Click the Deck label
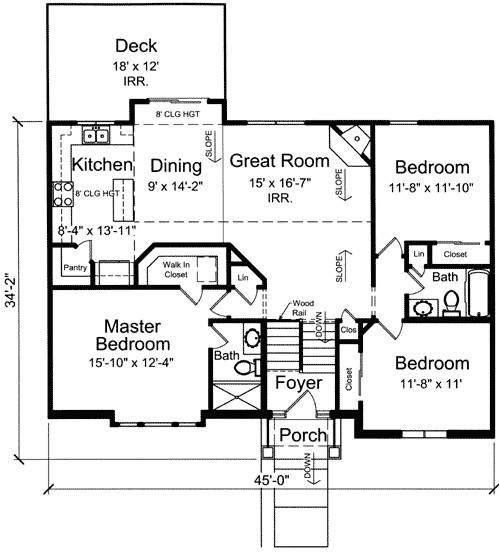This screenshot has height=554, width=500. coord(136,46)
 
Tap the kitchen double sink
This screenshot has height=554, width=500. coord(95,135)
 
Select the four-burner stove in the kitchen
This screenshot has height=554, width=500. coord(63,194)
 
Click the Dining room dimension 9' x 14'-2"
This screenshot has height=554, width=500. coord(175,186)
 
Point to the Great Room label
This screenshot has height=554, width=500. coord(280,161)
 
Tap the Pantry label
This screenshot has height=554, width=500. coord(75,267)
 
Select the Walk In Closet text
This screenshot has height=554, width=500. coord(176,269)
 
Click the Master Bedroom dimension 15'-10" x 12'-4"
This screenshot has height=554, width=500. coord(131,363)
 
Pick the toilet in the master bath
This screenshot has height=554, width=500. coord(247,368)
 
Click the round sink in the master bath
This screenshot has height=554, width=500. coord(253,337)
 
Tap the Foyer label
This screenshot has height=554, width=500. coord(299,383)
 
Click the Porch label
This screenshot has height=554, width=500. coord(303,435)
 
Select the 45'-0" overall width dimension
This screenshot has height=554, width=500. coord(271,480)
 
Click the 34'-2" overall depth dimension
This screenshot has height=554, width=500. coord(11,290)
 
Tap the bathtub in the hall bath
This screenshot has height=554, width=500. coord(478,293)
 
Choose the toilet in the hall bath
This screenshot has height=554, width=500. coord(451,303)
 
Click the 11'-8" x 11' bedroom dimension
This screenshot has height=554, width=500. coord(431,384)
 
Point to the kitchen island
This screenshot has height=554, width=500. coord(124,200)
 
